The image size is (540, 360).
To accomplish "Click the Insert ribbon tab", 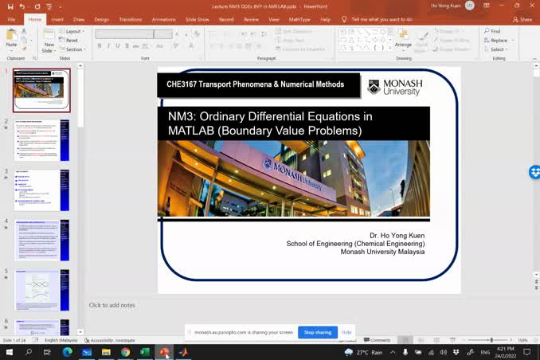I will pos(57,19).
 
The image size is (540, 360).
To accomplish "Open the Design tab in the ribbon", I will pos(101,19).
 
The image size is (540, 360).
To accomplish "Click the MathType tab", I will pos(300,19).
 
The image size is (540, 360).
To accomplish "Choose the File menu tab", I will pos(11,19).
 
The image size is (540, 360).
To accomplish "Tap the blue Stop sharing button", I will pos(318,332).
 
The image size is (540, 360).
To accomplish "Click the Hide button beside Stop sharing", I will pos(346,332).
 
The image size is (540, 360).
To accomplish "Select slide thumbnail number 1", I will pos(41,90).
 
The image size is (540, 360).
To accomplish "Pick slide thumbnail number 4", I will pos(41,240).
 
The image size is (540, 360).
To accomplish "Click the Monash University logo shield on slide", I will pos(374,86).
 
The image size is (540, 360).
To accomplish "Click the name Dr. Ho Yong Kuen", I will pos(397,236).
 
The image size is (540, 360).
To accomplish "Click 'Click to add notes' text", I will pos(112,305).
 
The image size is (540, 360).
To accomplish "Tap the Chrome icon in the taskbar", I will pos(126,352).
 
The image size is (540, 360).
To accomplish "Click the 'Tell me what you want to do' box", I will pos(381,19).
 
